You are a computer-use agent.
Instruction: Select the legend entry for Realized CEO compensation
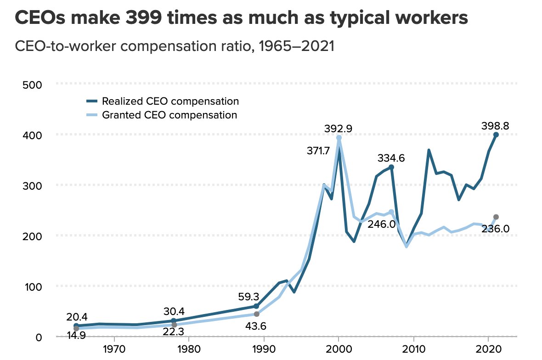tap(170, 101)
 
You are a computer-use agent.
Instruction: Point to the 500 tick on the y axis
tap(32, 85)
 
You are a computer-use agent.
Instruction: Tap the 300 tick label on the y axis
tap(32, 186)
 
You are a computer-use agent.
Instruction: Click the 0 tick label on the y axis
tap(39, 337)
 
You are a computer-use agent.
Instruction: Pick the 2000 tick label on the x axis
tap(339, 349)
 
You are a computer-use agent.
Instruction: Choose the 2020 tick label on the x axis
tap(489, 349)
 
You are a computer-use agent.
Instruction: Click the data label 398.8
tap(495, 126)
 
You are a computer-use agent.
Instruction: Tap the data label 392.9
tap(339, 129)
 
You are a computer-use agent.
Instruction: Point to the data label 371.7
tap(318, 151)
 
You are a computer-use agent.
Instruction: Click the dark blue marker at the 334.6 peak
tap(391, 167)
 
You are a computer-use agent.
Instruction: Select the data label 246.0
tap(381, 224)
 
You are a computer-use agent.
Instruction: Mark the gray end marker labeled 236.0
tap(496, 217)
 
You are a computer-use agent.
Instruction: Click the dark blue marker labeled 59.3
tap(256, 306)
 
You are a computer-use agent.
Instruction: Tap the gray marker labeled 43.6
tap(256, 314)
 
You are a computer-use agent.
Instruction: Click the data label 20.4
tap(77, 316)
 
